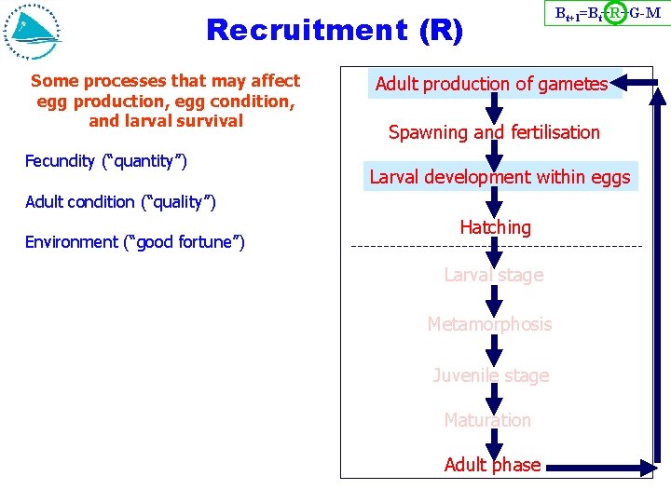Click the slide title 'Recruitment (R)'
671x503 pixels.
334,30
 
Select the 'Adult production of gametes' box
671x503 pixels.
491,85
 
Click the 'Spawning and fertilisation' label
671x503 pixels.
494,132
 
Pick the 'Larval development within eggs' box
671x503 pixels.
500,177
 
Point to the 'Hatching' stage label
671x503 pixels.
495,227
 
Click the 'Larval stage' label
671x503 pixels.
493,275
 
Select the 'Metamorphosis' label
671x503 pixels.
489,324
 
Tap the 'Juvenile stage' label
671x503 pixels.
490,375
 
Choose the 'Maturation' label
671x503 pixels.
487,420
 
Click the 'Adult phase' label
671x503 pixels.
492,465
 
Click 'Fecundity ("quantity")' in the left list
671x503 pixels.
106,161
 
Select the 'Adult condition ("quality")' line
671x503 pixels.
120,201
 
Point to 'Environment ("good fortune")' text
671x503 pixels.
135,242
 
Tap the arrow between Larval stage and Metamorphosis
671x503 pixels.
494,299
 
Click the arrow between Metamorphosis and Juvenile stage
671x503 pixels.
494,350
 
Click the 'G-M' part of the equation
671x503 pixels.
645,14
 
